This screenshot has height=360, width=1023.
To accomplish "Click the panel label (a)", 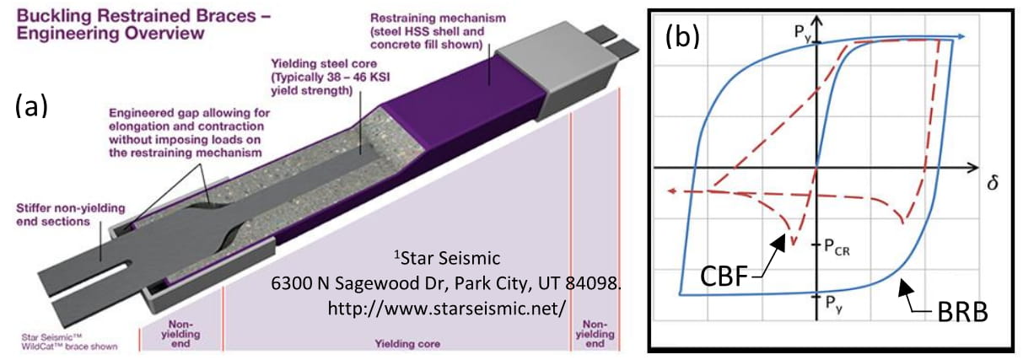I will (30, 107).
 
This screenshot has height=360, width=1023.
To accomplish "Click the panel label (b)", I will (682, 37).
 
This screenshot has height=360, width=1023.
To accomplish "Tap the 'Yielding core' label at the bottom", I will (397, 345).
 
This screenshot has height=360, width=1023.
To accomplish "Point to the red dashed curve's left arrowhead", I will (672, 191).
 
